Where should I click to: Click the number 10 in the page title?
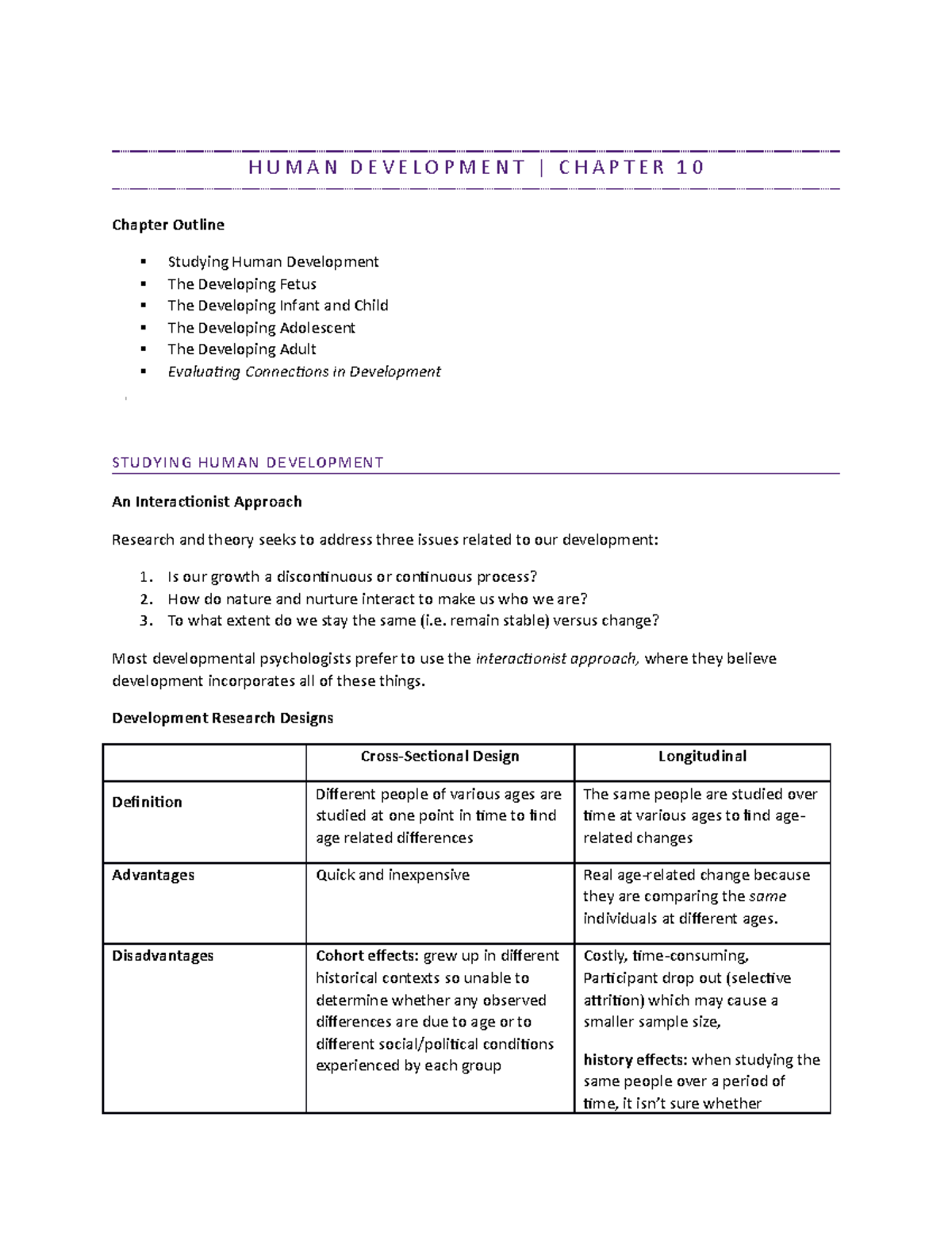[x=690, y=168]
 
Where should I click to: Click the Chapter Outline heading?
[x=168, y=225]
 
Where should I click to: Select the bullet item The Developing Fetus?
[x=242, y=284]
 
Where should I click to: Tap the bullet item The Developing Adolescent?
[x=261, y=328]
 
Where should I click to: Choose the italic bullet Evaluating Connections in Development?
[x=304, y=372]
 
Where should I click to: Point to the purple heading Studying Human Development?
[x=248, y=463]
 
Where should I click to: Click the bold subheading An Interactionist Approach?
[x=206, y=502]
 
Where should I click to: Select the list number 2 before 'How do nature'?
[x=145, y=599]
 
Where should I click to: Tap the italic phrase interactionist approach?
[x=556, y=659]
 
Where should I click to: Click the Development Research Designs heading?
[x=222, y=719]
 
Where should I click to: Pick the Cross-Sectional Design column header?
[x=440, y=757]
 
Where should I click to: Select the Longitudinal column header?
[x=702, y=757]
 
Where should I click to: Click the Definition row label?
[x=147, y=803]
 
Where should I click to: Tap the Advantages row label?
[x=153, y=875]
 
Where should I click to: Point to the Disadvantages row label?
[x=163, y=956]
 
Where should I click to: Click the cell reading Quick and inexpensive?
[x=393, y=875]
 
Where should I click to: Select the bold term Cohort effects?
[x=367, y=956]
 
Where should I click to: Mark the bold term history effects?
[x=635, y=1060]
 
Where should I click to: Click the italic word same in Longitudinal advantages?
[x=767, y=897]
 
